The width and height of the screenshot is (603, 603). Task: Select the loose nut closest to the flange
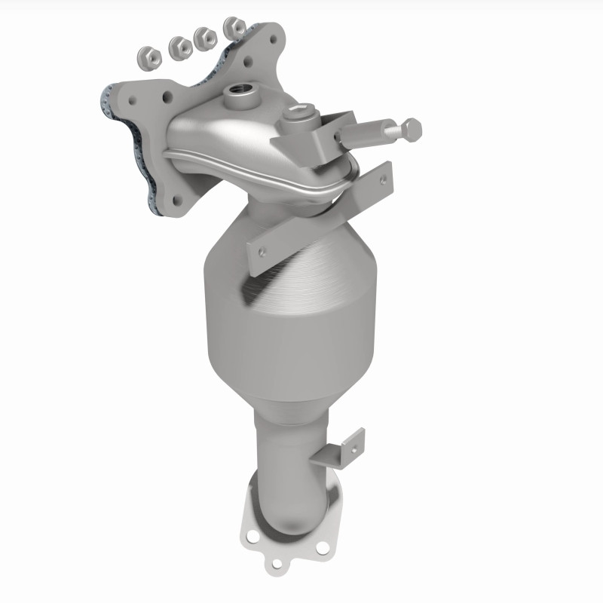tap(236, 27)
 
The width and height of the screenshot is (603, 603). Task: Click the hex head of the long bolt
tap(412, 130)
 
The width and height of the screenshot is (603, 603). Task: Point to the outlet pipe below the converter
tap(290, 460)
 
